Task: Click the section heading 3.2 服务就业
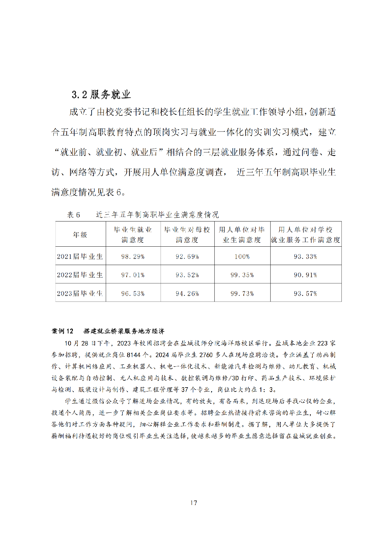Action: (101, 94)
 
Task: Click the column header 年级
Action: (80, 235)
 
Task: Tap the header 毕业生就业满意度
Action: (133, 235)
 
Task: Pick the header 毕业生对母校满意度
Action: (187, 235)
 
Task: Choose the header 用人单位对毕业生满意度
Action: (242, 235)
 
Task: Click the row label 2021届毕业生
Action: (80, 257)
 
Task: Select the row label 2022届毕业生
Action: (80, 275)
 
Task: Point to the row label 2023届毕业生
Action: (80, 293)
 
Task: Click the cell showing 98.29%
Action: (133, 257)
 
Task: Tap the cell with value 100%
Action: (242, 257)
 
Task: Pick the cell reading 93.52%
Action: (187, 275)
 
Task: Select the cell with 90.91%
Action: (305, 275)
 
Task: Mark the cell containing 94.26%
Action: (187, 293)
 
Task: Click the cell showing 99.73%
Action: (242, 293)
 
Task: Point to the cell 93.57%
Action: (305, 293)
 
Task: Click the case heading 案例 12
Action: (63, 331)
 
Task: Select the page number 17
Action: (193, 503)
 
